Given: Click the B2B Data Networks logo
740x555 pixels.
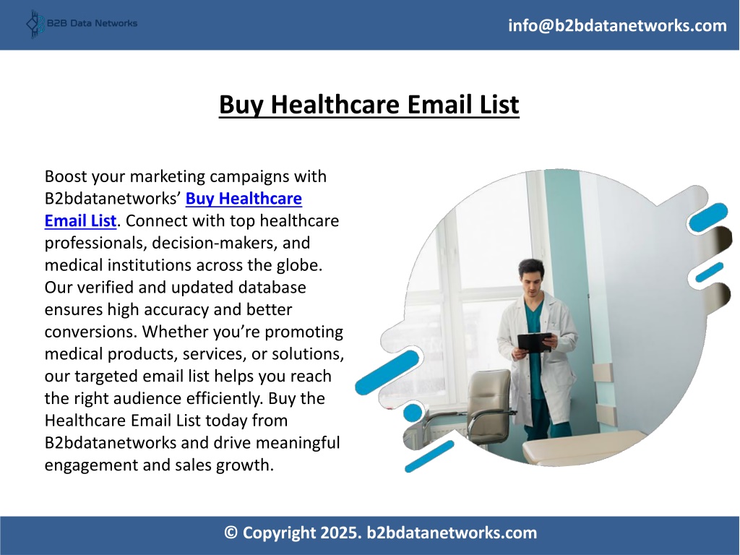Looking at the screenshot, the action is click(x=82, y=24).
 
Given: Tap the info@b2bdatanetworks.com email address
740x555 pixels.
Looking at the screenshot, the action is click(x=617, y=25).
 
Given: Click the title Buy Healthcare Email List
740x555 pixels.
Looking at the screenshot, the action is click(x=369, y=104).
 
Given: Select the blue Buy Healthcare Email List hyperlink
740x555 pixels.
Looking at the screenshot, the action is click(x=173, y=210).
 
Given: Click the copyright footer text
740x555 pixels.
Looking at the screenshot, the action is click(x=380, y=533).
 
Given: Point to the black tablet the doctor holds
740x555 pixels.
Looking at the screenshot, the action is click(x=534, y=342).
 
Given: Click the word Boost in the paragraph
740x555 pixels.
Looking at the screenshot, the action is click(x=66, y=176).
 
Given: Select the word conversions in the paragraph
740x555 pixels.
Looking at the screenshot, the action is click(x=91, y=332).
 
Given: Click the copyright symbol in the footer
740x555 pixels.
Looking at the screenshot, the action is click(x=231, y=533).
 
